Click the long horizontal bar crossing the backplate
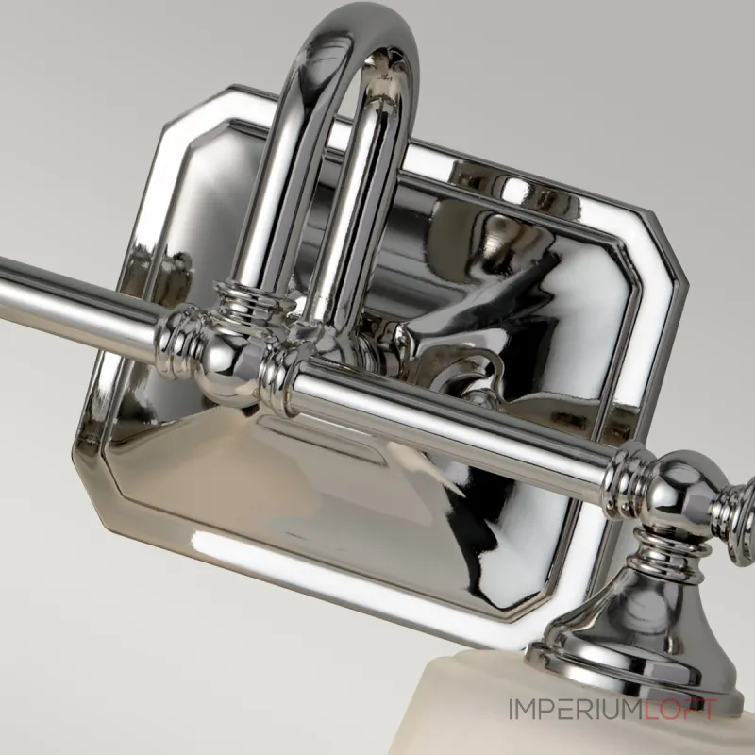click(453, 429)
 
